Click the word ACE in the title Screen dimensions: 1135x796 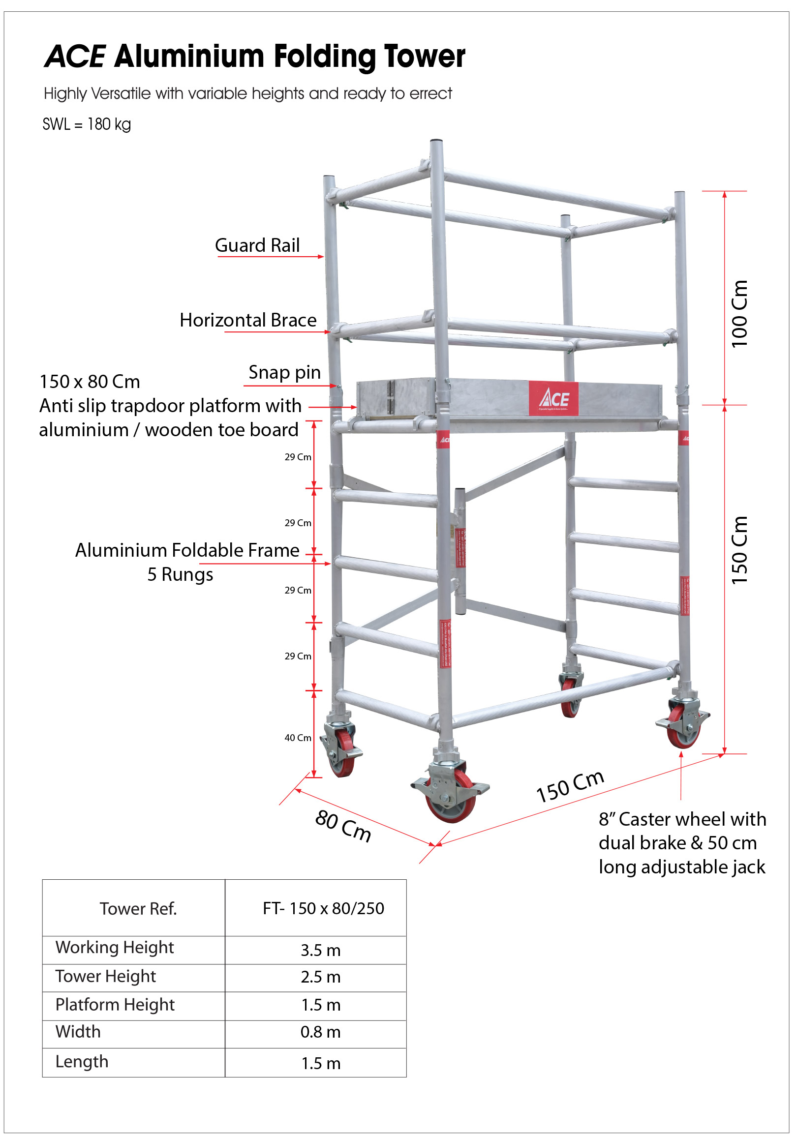[x=75, y=57]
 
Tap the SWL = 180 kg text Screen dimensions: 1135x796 [x=87, y=124]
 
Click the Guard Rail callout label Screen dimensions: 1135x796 [x=257, y=245]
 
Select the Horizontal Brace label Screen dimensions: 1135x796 [x=247, y=320]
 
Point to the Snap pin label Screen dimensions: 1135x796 [x=284, y=372]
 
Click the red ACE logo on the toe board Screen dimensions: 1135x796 [x=553, y=398]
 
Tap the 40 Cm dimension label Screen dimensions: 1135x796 [x=298, y=738]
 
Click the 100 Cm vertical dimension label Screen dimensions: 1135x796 [x=739, y=314]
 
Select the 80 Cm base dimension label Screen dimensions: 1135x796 [x=343, y=826]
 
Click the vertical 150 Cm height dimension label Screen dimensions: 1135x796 [x=739, y=550]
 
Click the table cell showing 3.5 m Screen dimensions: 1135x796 [x=320, y=950]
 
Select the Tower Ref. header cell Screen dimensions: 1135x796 [x=138, y=909]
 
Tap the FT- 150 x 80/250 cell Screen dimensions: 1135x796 [x=323, y=908]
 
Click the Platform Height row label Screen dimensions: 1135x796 [x=115, y=1005]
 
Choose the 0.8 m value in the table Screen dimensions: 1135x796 [x=320, y=1032]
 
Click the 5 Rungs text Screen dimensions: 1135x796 [x=180, y=574]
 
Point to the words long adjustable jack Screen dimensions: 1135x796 [x=681, y=867]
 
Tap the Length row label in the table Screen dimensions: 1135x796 [x=82, y=1061]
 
